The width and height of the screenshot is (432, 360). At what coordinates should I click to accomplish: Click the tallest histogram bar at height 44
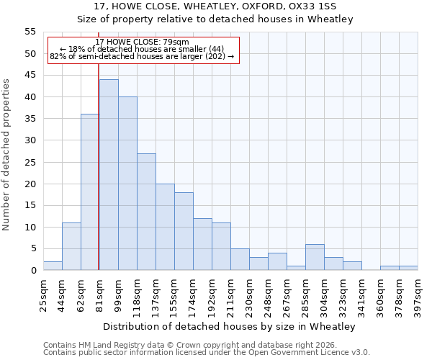[x=109, y=175]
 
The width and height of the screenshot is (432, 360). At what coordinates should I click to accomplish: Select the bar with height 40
[x=127, y=184]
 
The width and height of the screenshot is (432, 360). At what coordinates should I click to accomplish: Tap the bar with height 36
[x=90, y=192]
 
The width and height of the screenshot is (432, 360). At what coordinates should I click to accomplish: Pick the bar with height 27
[x=146, y=212]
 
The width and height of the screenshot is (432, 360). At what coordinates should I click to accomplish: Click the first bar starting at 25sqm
[x=53, y=266]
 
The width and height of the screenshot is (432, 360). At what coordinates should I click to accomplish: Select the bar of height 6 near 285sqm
[x=315, y=257]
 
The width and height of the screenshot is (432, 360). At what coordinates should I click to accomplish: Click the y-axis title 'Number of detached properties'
[x=6, y=155]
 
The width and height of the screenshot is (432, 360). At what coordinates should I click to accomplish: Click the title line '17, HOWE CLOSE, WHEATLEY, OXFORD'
[x=215, y=6]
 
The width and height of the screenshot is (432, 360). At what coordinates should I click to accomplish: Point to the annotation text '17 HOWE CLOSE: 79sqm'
[x=142, y=42]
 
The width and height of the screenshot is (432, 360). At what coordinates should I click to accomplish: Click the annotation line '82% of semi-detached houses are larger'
[x=142, y=56]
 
